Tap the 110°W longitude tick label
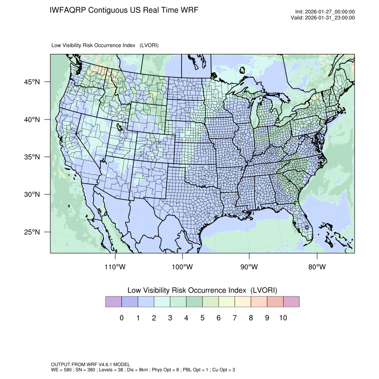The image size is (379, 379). (115, 267)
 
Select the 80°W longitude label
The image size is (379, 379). (317, 267)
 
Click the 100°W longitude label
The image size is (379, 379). (182, 267)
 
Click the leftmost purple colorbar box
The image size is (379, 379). (113, 302)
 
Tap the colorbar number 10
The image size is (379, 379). (283, 318)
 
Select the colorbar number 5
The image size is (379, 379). (202, 318)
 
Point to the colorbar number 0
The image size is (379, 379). (121, 318)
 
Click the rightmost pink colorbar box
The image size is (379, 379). (291, 302)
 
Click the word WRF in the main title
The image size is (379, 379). (189, 10)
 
